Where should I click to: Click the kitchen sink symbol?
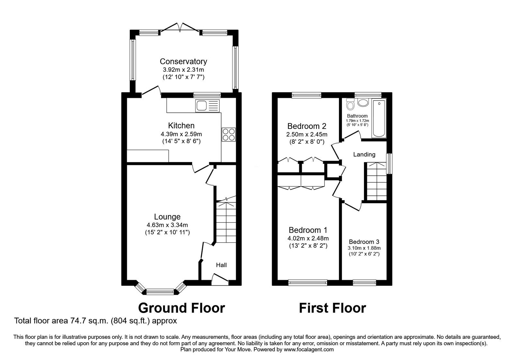(207, 105)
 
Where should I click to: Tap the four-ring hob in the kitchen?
(228, 134)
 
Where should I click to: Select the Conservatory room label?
(183, 61)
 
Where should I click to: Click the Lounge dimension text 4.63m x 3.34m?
(167, 225)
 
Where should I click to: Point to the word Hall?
(221, 265)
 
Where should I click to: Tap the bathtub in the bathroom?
(379, 118)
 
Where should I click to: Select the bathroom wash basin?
(363, 103)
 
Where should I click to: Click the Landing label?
(364, 155)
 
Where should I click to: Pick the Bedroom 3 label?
(364, 242)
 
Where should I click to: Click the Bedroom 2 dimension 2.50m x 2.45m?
(307, 134)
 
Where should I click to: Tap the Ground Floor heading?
(181, 308)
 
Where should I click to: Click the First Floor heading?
(332, 308)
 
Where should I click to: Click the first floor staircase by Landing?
(376, 182)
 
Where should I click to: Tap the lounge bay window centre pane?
(160, 292)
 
